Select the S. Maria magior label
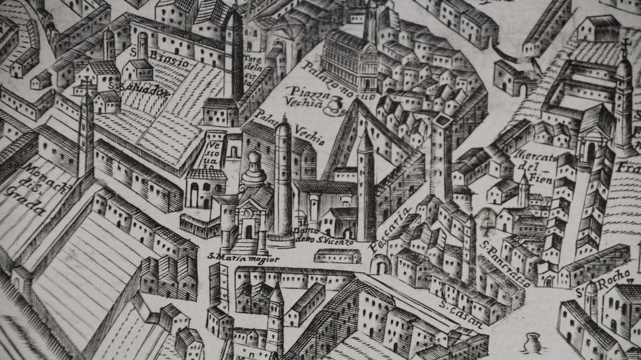pos(235,256)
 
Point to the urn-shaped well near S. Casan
pos(530,343)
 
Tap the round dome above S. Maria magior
pos(254,159)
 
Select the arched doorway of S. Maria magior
pos(249,231)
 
